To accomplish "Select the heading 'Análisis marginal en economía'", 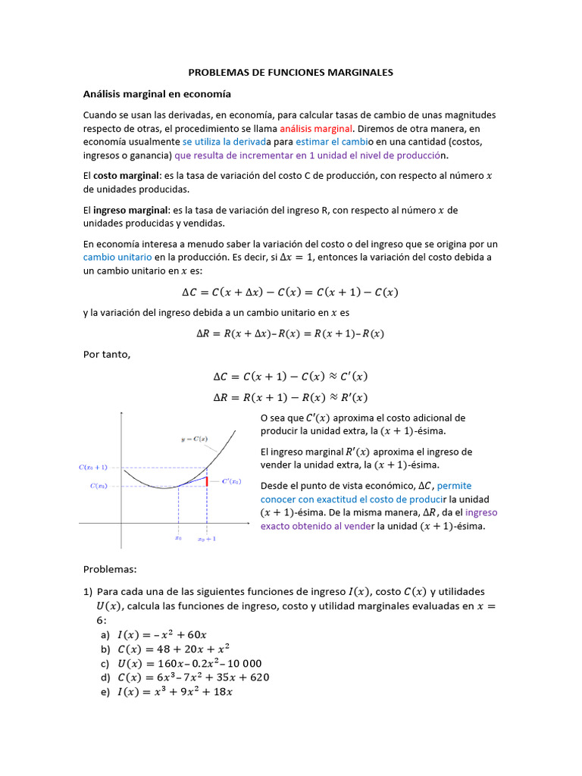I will click(157, 94).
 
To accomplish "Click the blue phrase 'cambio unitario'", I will click(117, 257).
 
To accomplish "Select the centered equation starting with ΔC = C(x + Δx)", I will click(290, 292).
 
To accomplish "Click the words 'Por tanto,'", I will click(107, 354).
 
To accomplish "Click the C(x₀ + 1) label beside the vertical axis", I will click(94, 468).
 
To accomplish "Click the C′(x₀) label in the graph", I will click(231, 481).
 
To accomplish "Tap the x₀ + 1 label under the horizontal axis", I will click(207, 539).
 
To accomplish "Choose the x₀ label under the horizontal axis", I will click(178, 539).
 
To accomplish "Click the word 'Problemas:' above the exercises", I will click(110, 568).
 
